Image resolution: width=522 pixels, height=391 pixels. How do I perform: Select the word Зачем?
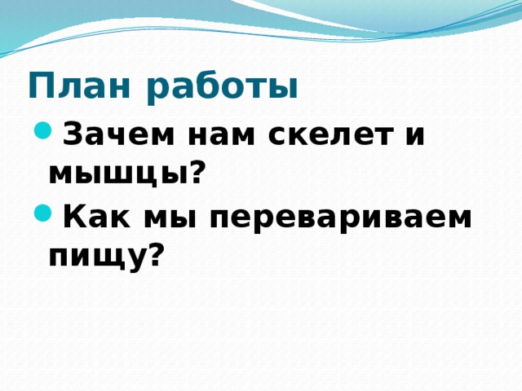[x=111, y=134]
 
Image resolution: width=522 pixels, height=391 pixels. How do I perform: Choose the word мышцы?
[x=117, y=173]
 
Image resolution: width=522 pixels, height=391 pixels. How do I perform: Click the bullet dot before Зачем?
[x=42, y=130]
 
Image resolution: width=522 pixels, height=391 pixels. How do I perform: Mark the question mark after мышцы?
[x=195, y=170]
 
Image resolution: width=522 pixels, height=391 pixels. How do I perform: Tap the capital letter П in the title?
[x=38, y=86]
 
